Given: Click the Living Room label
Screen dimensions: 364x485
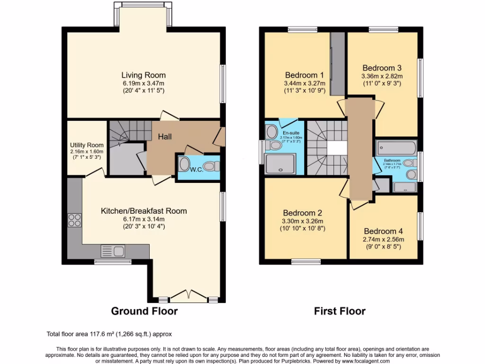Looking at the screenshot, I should click(144, 75).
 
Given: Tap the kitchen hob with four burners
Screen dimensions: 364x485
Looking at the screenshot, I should click(75, 220).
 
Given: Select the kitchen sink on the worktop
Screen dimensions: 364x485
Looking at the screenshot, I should click(112, 251).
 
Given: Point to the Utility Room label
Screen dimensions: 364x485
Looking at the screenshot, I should click(87, 145).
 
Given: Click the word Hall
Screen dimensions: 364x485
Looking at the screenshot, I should click(165, 137).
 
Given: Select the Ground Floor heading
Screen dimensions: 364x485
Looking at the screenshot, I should click(144, 311).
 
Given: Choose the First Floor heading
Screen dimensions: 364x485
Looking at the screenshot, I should click(340, 311).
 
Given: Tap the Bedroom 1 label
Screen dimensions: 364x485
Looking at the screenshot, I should click(304, 75).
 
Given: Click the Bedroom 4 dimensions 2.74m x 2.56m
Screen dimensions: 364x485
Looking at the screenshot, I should click(383, 239).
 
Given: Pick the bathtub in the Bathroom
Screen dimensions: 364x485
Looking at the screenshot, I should click(395, 146).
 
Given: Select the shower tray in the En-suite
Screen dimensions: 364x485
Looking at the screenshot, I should click(281, 164).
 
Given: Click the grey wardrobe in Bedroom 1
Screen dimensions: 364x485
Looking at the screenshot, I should click(337, 64).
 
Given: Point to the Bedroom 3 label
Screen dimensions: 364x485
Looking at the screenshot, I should click(382, 68).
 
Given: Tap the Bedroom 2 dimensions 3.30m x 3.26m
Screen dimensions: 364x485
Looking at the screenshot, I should click(303, 221).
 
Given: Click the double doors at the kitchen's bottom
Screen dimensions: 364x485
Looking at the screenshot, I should click(189, 297).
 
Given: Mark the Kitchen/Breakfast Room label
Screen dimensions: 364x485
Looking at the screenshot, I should click(144, 211).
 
